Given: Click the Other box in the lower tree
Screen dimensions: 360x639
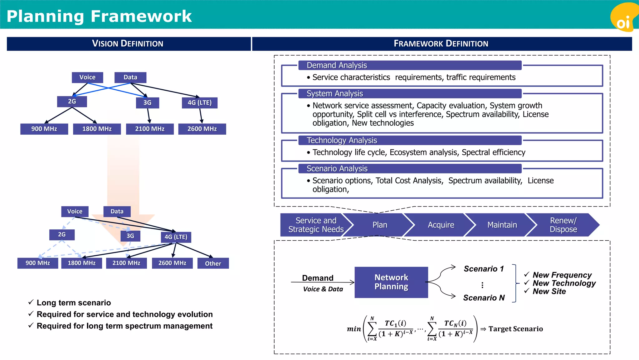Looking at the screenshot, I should click(x=213, y=263).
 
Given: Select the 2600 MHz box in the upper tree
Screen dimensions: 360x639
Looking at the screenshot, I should click(x=202, y=129).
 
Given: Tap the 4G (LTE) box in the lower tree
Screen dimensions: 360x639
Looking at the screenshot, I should click(x=176, y=237).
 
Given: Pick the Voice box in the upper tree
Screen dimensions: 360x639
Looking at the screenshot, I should click(x=87, y=77).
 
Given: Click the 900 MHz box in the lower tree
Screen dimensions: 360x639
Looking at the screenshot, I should click(x=38, y=263).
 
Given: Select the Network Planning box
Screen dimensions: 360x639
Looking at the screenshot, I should click(x=391, y=282).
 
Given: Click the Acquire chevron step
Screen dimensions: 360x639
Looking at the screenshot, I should click(x=441, y=225).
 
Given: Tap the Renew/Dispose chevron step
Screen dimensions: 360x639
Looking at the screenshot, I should click(x=563, y=225).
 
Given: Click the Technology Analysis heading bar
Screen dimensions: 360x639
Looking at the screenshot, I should click(x=410, y=140).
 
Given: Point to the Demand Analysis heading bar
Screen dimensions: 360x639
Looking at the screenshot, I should click(x=410, y=65).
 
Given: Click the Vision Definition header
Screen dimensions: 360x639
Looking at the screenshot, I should click(x=128, y=44).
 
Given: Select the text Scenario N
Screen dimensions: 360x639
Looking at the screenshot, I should click(x=484, y=298).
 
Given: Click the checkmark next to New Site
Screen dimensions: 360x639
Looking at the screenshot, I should click(x=527, y=291).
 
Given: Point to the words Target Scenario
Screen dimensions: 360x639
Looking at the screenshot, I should click(x=515, y=329).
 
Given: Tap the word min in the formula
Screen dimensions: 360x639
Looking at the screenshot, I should click(x=354, y=329).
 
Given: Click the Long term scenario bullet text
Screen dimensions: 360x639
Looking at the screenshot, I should click(x=74, y=303).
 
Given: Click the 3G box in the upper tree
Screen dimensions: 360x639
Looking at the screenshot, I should click(x=147, y=103).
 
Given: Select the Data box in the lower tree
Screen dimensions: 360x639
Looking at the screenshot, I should click(x=117, y=212).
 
